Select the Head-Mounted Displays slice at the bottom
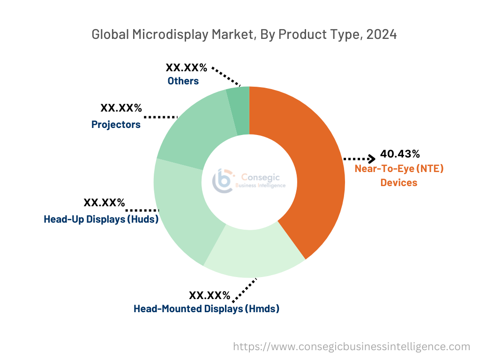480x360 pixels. pos(253,258)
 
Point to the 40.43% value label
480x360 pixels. pos(400,154)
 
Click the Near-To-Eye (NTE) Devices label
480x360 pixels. pos(399,175)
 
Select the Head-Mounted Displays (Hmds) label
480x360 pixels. pos(206,309)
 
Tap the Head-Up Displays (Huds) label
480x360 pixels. pos(101,219)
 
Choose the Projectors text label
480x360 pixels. pos(116,124)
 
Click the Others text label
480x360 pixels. pos(183,81)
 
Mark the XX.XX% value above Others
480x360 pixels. pos(187,67)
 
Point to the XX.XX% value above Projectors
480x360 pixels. pos(121,108)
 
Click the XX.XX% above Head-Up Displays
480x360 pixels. pos(104,202)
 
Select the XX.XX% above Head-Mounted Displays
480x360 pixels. pos(210,295)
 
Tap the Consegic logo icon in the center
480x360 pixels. pos(223,181)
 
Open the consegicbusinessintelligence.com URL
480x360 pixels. pos(352,346)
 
